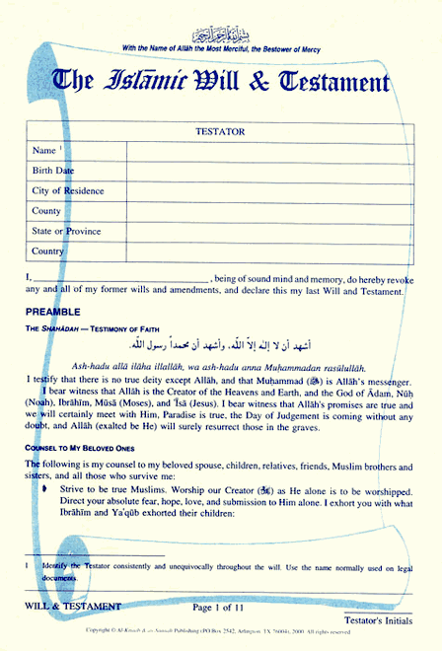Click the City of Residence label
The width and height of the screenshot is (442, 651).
pos(67,191)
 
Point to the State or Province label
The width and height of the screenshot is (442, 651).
pos(65,232)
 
